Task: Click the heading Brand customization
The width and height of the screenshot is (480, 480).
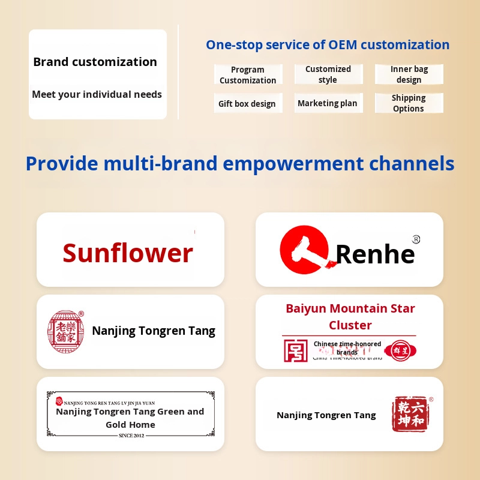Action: click(x=95, y=62)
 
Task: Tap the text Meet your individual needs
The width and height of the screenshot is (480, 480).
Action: click(x=97, y=94)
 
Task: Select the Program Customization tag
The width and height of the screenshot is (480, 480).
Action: click(x=248, y=75)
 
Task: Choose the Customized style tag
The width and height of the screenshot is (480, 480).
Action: click(x=328, y=74)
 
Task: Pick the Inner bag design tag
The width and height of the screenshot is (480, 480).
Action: click(x=409, y=74)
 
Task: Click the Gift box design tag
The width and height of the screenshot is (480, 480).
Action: click(x=247, y=104)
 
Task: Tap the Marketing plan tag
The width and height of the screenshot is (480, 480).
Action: click(x=328, y=103)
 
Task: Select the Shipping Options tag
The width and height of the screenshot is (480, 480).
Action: click(x=409, y=103)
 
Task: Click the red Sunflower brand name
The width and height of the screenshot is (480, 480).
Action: click(x=128, y=253)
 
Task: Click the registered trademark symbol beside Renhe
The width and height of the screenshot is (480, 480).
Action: click(x=416, y=239)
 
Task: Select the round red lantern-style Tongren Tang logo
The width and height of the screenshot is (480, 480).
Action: click(x=65, y=331)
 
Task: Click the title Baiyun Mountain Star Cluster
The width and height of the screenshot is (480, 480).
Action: click(x=350, y=317)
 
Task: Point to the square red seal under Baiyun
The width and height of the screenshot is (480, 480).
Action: click(x=295, y=350)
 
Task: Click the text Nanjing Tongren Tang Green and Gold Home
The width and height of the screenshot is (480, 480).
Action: click(x=130, y=418)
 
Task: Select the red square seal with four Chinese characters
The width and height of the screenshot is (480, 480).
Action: click(x=410, y=414)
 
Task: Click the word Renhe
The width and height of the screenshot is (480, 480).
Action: click(x=375, y=254)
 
